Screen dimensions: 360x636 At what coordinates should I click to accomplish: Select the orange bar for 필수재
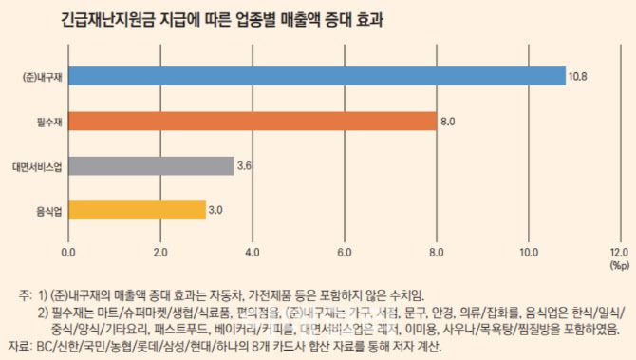(253, 121)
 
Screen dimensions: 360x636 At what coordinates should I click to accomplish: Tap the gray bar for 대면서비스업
(151, 165)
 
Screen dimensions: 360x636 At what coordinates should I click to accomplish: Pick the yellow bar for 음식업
(137, 210)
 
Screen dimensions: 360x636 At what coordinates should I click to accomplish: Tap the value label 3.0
(217, 210)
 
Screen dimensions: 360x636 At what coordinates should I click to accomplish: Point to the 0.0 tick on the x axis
(68, 253)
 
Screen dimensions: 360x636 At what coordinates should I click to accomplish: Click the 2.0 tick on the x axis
(160, 253)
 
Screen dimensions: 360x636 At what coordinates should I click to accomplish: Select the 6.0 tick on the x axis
(345, 253)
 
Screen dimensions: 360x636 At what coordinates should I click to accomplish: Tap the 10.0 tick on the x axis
(528, 253)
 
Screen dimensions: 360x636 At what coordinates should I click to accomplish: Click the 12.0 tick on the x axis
(619, 253)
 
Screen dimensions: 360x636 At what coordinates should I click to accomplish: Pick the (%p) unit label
(618, 266)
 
